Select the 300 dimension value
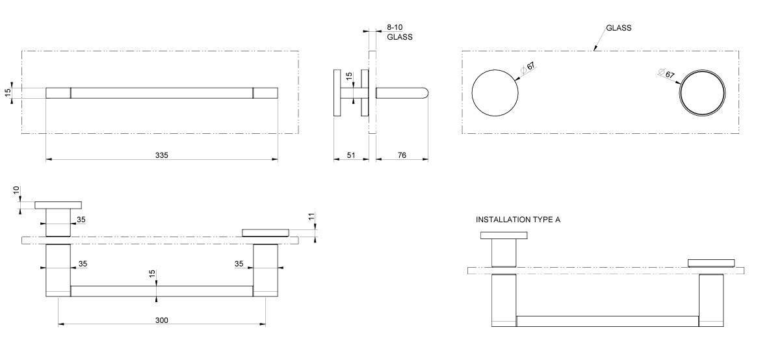pos(162,320)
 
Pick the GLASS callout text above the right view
pos(618,28)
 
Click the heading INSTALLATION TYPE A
pos(518,220)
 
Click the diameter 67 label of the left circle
pos(530,67)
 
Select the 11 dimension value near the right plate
pos(311,216)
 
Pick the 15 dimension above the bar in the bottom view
pos(152,276)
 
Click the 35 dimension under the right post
pos(239,264)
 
